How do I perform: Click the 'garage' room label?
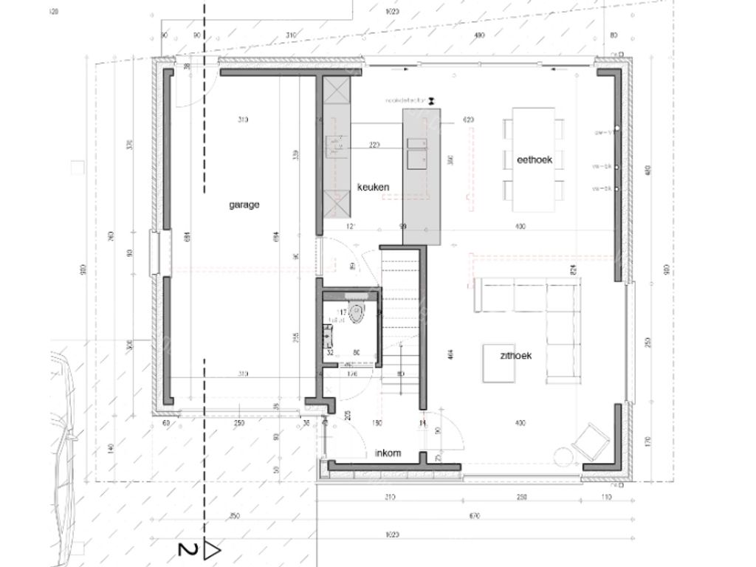tap(244, 205)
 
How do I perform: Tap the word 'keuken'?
tap(373, 188)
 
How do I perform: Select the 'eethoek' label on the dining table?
tap(535, 159)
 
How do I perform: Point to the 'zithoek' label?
tap(515, 355)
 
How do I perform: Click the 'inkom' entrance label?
tap(388, 453)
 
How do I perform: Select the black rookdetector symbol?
tap(433, 98)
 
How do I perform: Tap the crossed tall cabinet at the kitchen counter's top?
tap(336, 94)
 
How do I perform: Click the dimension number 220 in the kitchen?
tap(374, 145)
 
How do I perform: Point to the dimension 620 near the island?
tap(468, 120)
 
